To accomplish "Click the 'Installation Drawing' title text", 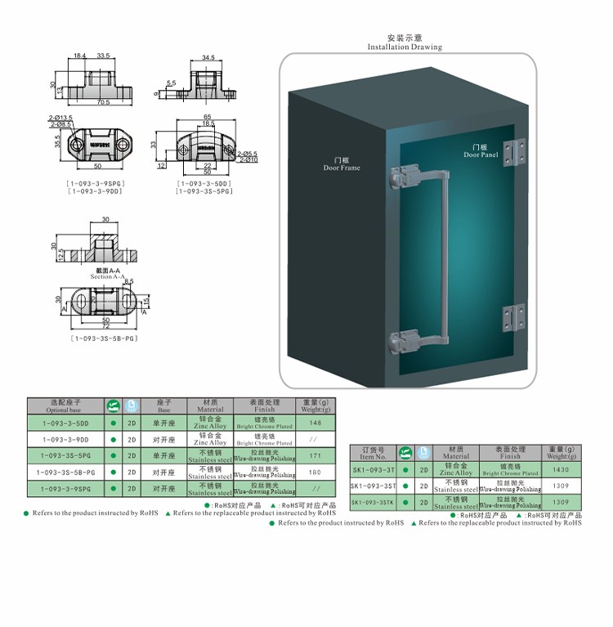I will [405, 47].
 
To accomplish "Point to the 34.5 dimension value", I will [208, 58].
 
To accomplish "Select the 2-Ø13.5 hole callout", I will [60, 118].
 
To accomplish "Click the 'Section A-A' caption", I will [102, 275].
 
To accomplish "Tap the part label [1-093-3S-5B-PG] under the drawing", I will [103, 338].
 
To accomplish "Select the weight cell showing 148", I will [315, 423].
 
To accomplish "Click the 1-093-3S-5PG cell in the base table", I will [65, 455].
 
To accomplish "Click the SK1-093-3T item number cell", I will [374, 470].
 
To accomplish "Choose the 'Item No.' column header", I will [374, 453].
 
